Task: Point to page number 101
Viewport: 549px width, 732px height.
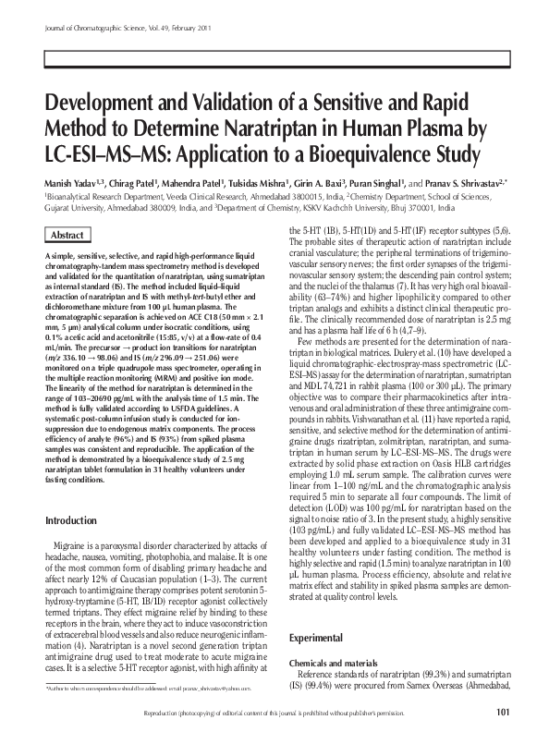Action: tap(503, 710)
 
